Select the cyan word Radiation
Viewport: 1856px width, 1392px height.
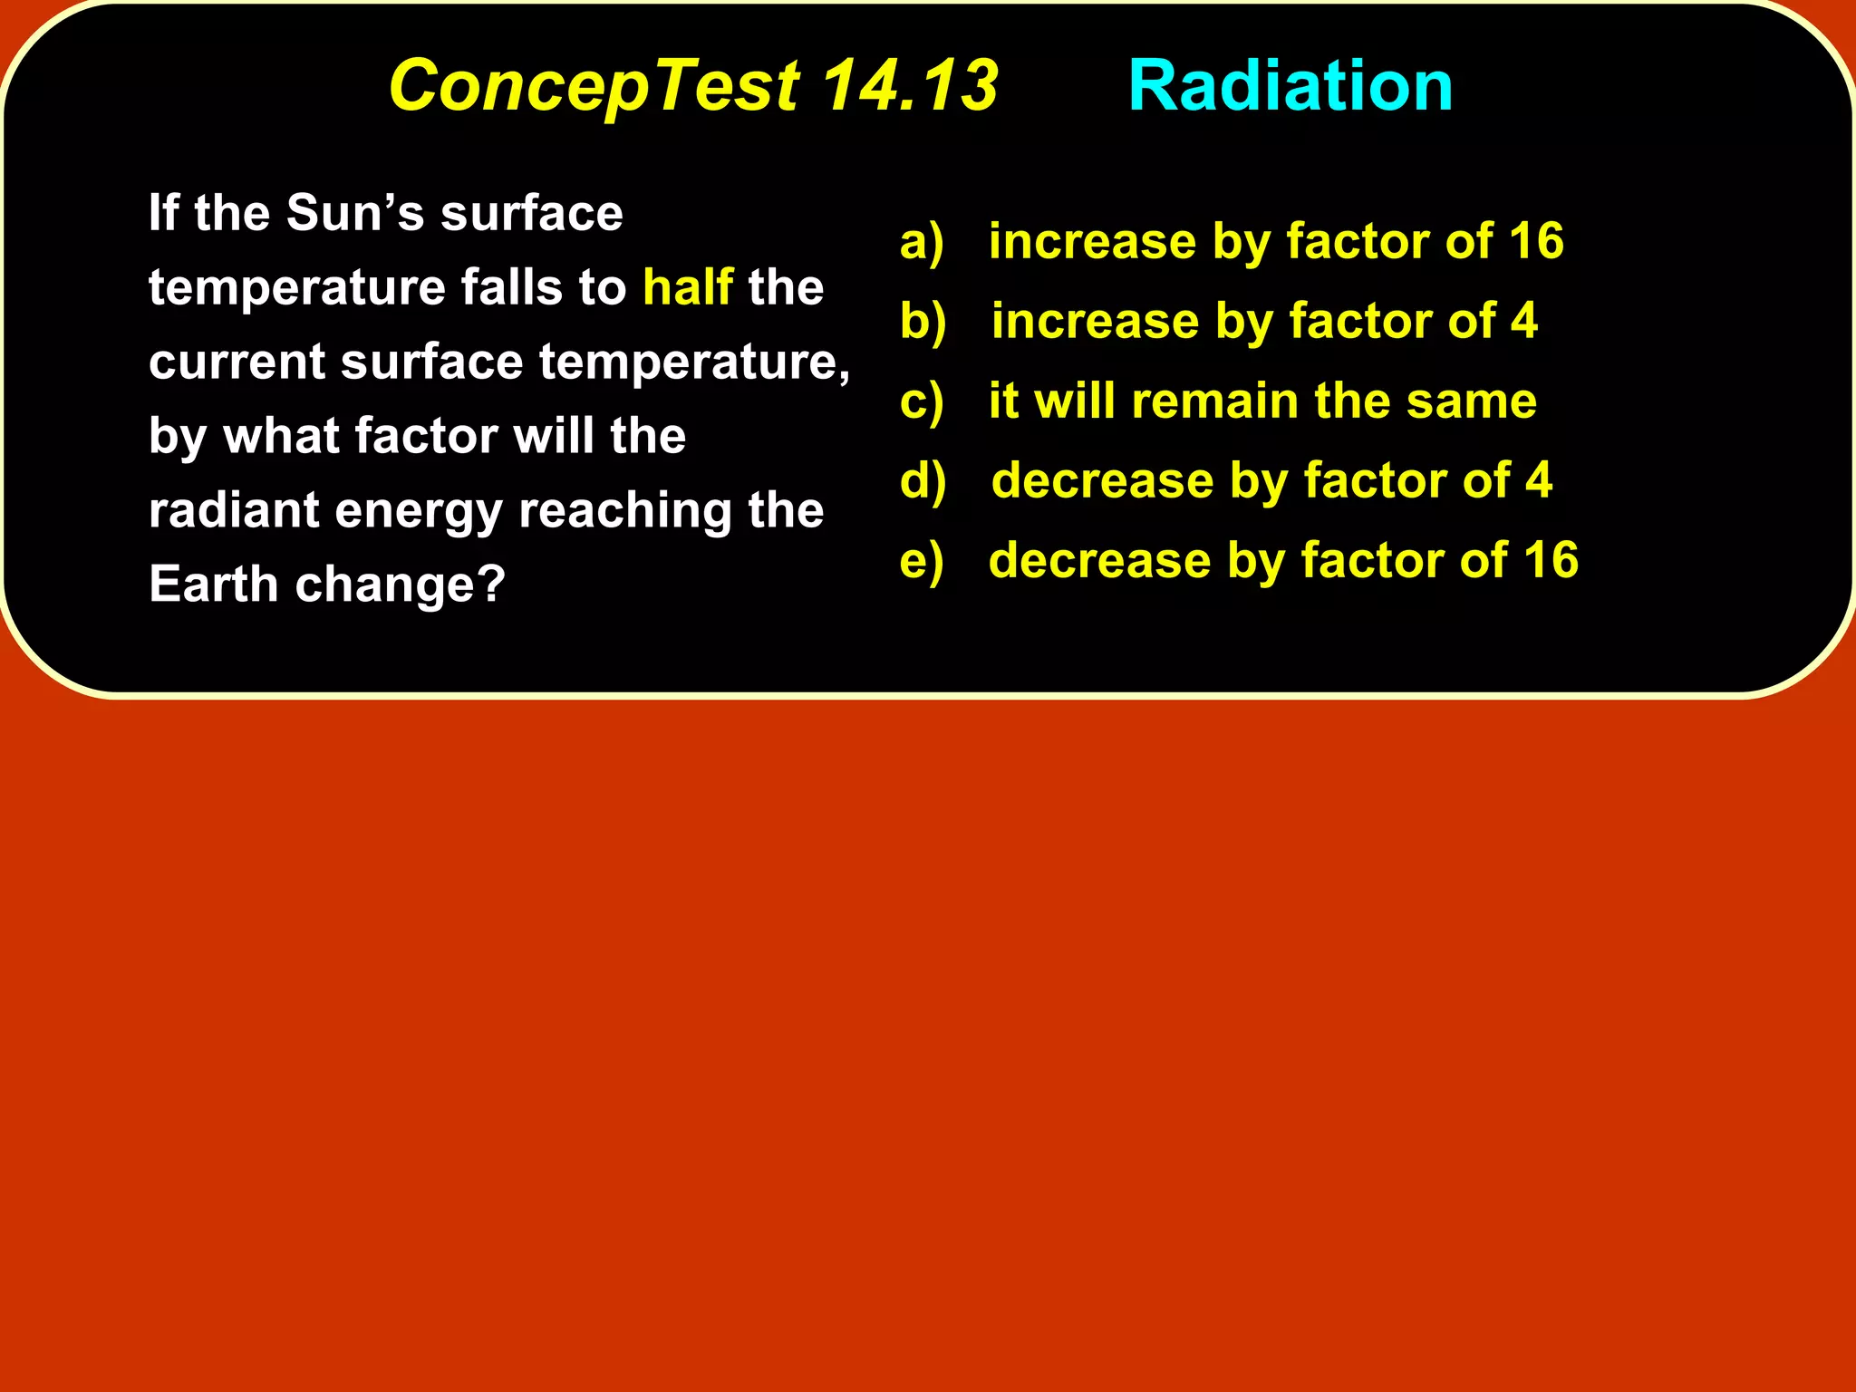coord(1290,85)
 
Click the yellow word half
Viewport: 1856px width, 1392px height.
coord(687,287)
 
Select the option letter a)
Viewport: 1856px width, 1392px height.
coord(922,242)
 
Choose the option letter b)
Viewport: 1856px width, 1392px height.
coord(923,321)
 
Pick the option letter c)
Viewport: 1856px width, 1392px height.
coord(922,401)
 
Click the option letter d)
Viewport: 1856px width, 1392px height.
coord(923,480)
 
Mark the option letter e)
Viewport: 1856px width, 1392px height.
coord(922,560)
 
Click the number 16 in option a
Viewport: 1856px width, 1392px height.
coord(1535,241)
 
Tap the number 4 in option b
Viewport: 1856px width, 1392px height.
coord(1523,321)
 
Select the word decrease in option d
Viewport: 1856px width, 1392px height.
coord(1102,480)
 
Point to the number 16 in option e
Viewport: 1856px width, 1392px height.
coord(1550,560)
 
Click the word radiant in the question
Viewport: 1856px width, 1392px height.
coord(234,510)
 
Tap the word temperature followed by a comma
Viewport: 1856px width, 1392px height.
coord(694,362)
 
